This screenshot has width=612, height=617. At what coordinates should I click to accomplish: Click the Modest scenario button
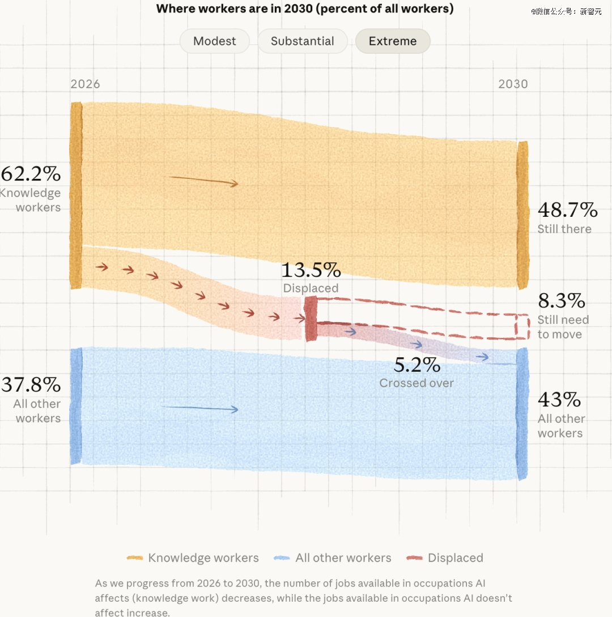(215, 41)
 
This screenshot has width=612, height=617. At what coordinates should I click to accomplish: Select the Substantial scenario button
(303, 41)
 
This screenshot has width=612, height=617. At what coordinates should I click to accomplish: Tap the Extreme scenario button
(393, 41)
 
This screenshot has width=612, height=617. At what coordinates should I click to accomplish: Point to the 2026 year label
(85, 84)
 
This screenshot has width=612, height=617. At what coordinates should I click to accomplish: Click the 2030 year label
(513, 84)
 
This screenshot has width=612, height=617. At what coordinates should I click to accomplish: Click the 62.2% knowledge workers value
(31, 174)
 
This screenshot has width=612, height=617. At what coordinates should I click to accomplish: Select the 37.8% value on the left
(31, 384)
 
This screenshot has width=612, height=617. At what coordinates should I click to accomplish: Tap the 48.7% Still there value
(567, 210)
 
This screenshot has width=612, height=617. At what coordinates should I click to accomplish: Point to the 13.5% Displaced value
(311, 270)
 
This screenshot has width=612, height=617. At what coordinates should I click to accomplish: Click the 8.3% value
(561, 301)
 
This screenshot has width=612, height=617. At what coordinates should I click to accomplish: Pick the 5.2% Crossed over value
(416, 365)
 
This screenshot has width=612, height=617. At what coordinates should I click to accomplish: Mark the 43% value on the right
(559, 400)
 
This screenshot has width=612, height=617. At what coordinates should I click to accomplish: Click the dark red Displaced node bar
(311, 319)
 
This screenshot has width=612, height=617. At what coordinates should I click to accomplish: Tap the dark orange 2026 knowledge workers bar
(76, 195)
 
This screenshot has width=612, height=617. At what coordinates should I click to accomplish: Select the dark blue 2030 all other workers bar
(522, 414)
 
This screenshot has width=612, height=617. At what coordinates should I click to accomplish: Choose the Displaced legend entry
(445, 558)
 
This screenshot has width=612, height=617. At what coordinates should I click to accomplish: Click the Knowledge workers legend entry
(193, 558)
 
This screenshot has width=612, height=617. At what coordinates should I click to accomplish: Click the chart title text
(305, 8)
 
